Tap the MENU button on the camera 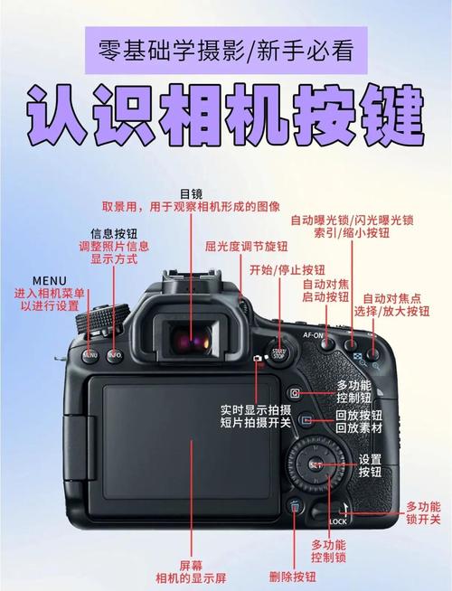point(90,355)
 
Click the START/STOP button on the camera point(278,353)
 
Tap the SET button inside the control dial point(315,464)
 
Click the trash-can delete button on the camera point(295,507)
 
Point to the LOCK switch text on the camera point(338,522)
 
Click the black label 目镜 point(192,192)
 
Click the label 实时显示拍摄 point(255,408)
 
